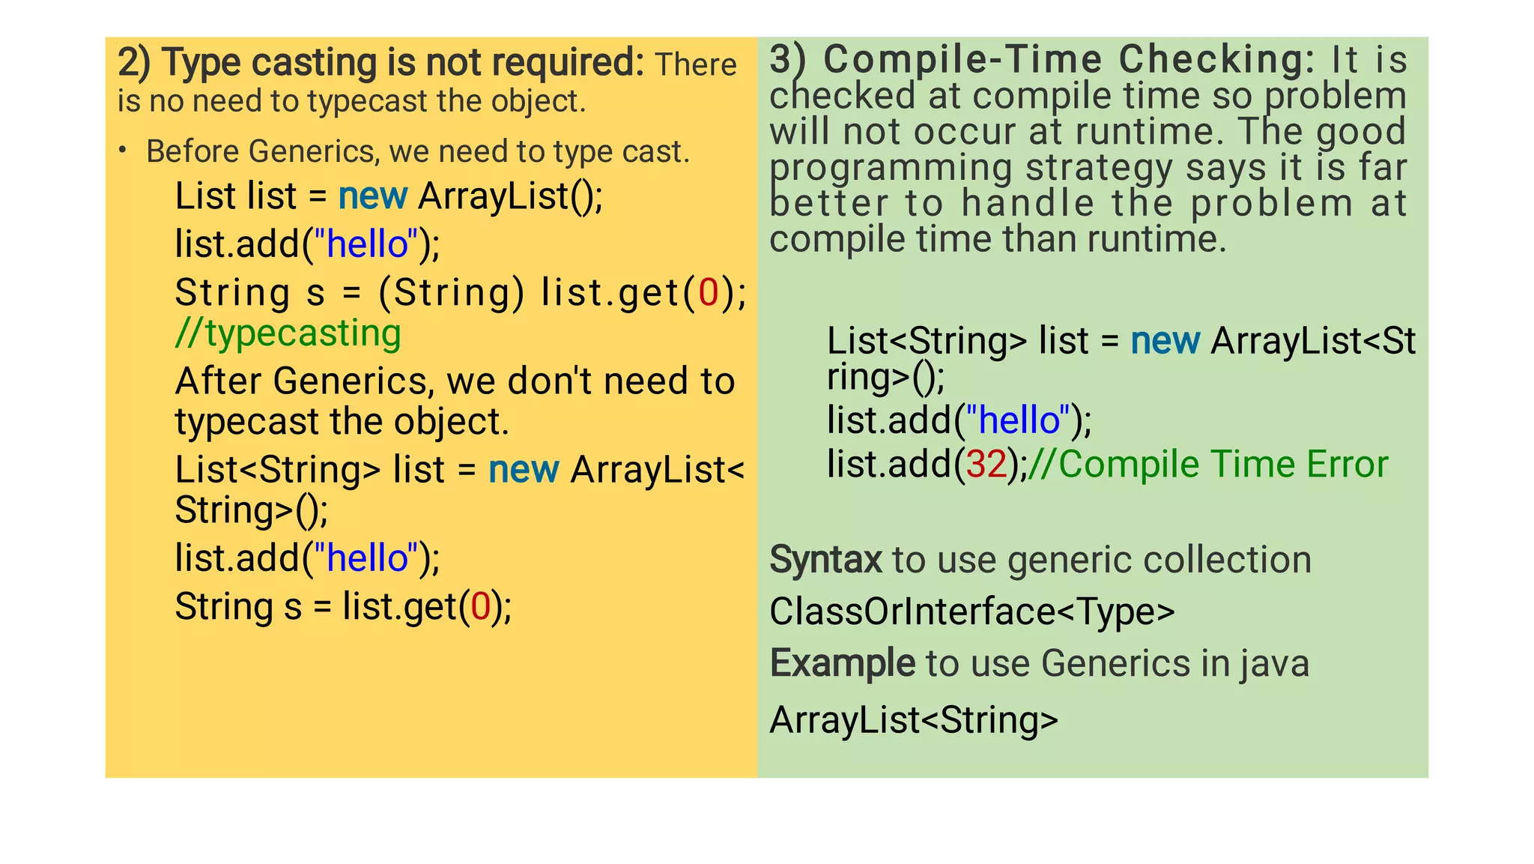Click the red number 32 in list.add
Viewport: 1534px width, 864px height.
(986, 465)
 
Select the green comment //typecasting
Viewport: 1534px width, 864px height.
(288, 333)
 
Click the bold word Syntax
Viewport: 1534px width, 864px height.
(825, 560)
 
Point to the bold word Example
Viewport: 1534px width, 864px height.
(842, 663)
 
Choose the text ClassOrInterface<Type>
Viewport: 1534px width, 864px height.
(971, 611)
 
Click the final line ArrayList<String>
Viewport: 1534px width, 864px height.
(914, 720)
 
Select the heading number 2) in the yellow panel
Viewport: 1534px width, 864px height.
(134, 63)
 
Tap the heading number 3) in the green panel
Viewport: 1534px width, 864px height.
(787, 60)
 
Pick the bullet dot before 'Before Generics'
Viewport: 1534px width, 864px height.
(122, 151)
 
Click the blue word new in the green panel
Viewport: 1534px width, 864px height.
(1165, 342)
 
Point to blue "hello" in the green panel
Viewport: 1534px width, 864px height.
(1019, 420)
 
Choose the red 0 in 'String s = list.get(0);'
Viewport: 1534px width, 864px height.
(480, 607)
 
